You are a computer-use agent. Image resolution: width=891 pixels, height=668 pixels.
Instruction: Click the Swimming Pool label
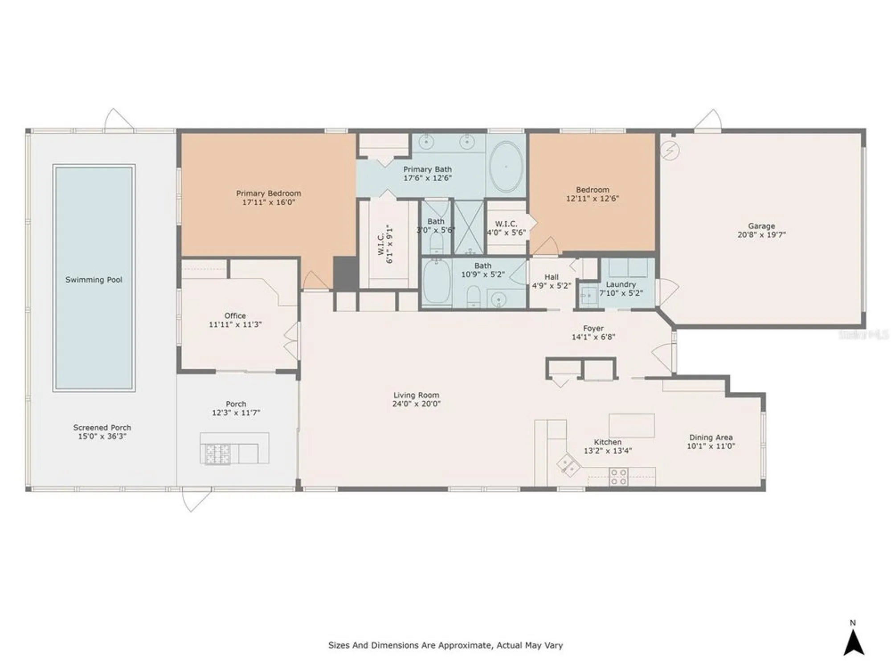(94, 280)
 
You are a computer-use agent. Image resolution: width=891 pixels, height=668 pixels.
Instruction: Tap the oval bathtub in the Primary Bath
(506, 167)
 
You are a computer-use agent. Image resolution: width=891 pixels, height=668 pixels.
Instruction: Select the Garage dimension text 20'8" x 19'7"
(761, 235)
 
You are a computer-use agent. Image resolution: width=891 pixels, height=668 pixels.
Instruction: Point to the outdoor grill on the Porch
(217, 454)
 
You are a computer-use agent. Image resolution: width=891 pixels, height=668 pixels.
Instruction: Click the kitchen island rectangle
(631, 425)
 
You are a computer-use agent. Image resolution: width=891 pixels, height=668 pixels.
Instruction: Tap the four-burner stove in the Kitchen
(618, 477)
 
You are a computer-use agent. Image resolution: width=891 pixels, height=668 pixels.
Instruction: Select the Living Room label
(416, 395)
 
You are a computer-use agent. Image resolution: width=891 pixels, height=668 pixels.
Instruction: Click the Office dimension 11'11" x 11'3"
(235, 325)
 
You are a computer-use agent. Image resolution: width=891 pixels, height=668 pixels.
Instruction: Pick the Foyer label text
(593, 328)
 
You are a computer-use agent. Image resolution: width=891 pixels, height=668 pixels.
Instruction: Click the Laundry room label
(621, 284)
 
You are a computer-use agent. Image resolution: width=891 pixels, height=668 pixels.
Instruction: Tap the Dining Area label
(711, 437)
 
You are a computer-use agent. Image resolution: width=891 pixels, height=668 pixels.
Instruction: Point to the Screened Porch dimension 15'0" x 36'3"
(102, 436)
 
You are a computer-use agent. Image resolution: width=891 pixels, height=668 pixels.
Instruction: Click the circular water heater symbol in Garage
(670, 151)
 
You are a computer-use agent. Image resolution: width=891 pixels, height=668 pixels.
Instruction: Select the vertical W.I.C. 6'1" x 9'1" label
(385, 244)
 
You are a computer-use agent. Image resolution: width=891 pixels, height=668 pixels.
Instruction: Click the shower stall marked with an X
(468, 227)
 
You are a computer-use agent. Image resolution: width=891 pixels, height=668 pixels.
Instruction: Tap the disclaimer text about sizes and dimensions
(445, 645)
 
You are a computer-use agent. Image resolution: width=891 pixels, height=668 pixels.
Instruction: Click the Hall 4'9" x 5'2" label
(551, 281)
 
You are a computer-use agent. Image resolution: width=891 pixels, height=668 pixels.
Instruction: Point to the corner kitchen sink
(568, 465)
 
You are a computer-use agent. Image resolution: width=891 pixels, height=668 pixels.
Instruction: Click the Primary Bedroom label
(268, 193)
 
